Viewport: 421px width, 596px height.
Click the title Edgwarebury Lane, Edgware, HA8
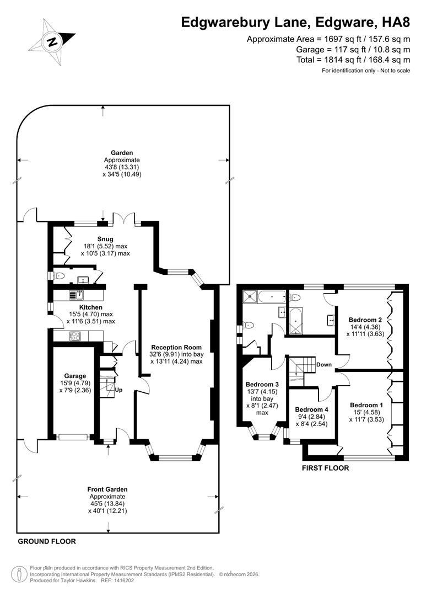pos(296,22)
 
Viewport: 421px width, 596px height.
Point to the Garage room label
pos(75,376)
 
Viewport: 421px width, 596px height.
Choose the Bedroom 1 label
pos(365,405)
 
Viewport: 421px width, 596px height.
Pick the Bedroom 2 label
pos(365,320)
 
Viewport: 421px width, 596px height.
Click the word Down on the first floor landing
pos(323,365)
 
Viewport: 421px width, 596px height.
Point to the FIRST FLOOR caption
pos(325,468)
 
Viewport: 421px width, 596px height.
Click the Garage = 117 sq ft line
pos(353,49)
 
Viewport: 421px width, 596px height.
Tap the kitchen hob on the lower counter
pos(74,335)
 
